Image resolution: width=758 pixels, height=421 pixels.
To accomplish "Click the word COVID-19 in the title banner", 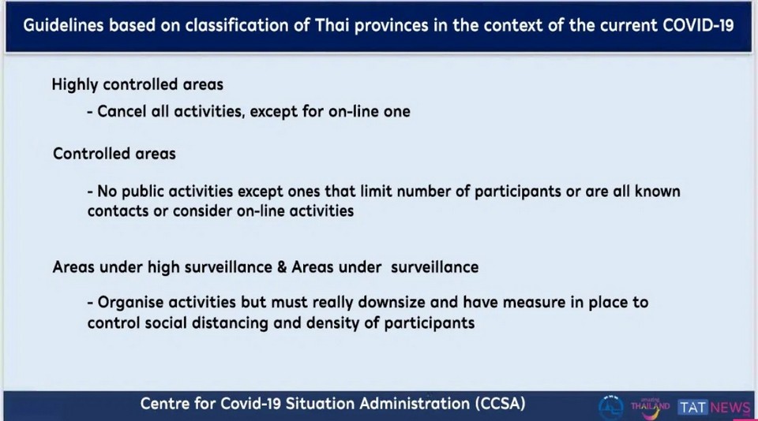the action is click(x=698, y=25).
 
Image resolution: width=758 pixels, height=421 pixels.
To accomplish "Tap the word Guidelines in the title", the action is click(x=63, y=25).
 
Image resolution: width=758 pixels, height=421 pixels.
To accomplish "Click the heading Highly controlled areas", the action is click(x=137, y=84).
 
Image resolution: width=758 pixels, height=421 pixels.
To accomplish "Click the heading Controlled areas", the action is click(x=114, y=154).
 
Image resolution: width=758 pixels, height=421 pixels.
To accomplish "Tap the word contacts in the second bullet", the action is click(x=118, y=211).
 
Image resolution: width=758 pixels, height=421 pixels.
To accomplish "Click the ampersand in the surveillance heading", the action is click(x=283, y=267).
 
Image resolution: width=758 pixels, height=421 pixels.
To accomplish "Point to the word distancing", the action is click(x=230, y=323).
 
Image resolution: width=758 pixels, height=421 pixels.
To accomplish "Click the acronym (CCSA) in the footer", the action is click(x=500, y=403).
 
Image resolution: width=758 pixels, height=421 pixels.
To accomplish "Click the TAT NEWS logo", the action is click(x=714, y=408).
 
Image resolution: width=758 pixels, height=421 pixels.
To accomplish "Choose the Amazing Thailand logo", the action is click(x=650, y=408).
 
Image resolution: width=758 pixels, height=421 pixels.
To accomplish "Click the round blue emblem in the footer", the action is click(x=611, y=407).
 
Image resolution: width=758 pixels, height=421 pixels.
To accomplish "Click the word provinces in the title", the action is click(x=391, y=25).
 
